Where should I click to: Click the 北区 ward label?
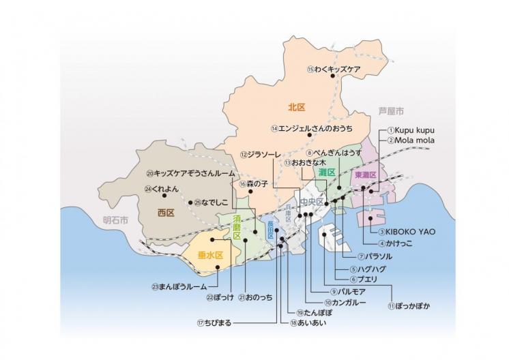click(x=295, y=107)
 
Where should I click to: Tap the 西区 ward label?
click(x=166, y=213)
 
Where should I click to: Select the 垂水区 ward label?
click(x=210, y=256)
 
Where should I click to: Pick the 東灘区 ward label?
click(x=365, y=175)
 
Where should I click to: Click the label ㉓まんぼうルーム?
click(x=179, y=286)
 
